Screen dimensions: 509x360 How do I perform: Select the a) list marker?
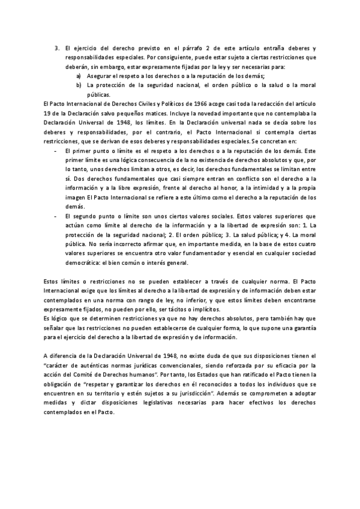pos(79,76)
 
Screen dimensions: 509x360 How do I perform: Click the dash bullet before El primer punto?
pos(56,151)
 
